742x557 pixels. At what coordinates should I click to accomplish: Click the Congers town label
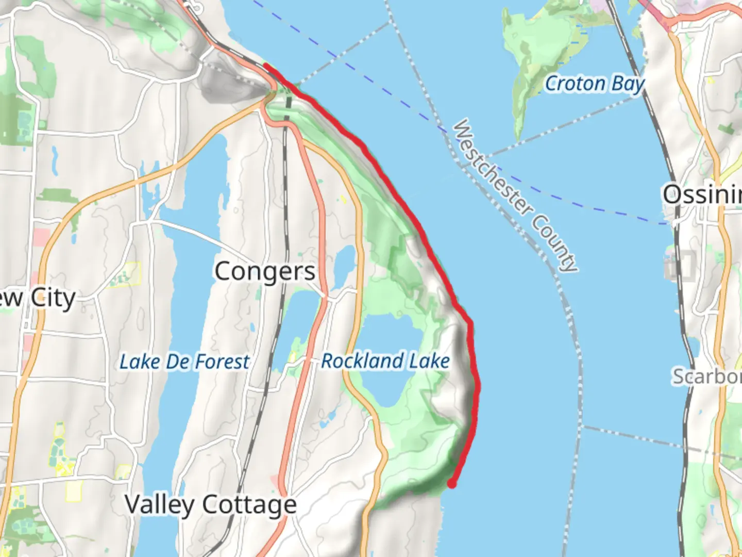pyautogui.click(x=264, y=272)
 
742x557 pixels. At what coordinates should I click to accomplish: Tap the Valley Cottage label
pyautogui.click(x=211, y=504)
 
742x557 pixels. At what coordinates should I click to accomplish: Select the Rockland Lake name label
pyautogui.click(x=385, y=361)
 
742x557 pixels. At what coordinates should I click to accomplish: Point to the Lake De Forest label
pyautogui.click(x=184, y=362)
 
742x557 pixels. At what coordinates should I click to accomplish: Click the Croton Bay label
pyautogui.click(x=595, y=84)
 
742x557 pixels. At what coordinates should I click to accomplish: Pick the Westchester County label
pyautogui.click(x=516, y=196)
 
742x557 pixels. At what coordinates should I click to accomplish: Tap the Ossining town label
pyautogui.click(x=702, y=195)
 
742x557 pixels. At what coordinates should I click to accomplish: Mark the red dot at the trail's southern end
pyautogui.click(x=451, y=484)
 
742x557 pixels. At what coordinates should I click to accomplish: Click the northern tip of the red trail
pyautogui.click(x=265, y=65)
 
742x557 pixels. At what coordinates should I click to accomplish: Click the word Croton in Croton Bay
pyautogui.click(x=575, y=84)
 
